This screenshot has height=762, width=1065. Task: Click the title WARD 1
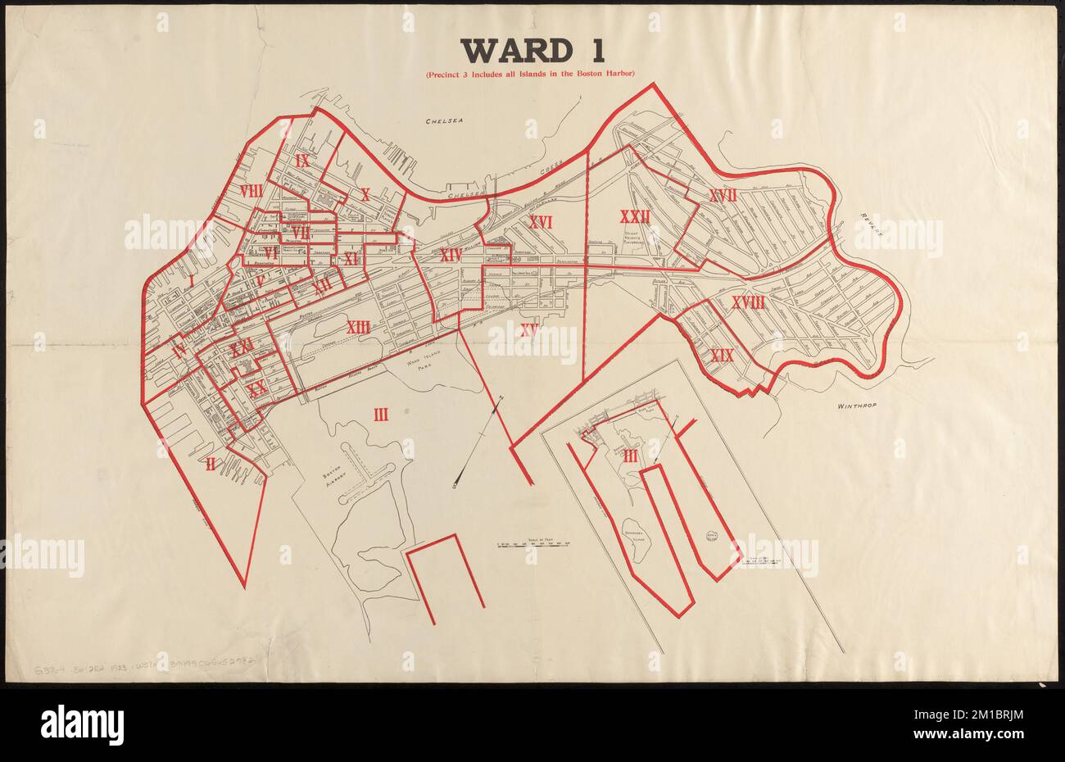click(533, 51)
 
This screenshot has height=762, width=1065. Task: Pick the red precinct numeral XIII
click(358, 327)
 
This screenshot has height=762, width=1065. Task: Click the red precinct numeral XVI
click(541, 222)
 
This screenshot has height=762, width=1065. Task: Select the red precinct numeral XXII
click(635, 217)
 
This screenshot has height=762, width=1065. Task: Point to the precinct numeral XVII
click(723, 195)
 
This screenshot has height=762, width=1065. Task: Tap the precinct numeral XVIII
click(748, 303)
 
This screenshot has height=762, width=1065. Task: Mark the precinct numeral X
click(365, 195)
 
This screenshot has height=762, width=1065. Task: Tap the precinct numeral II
click(211, 465)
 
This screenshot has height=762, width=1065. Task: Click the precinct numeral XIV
click(451, 256)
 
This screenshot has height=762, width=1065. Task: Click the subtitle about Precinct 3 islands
click(530, 75)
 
